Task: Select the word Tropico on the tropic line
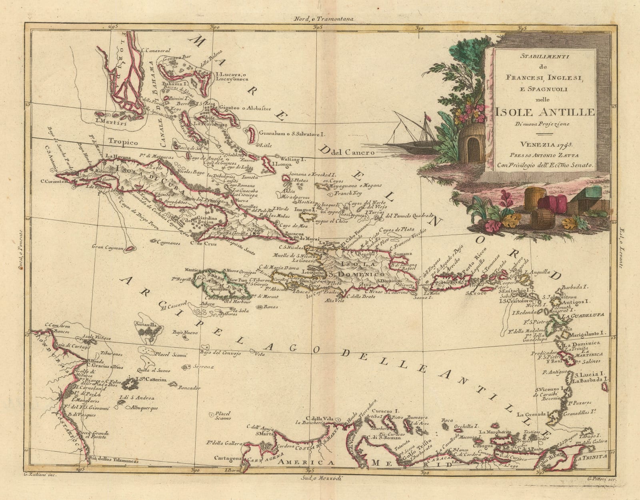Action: (123, 142)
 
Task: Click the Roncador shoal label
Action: (190, 388)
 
